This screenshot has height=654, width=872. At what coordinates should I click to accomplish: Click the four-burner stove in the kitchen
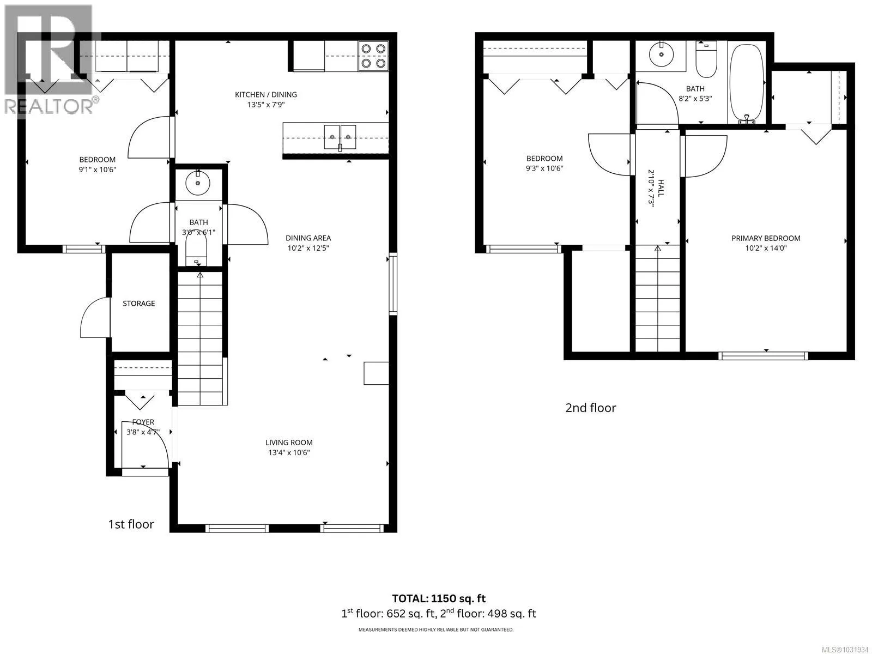tap(373, 56)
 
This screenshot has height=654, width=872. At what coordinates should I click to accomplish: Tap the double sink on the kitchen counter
tap(340, 137)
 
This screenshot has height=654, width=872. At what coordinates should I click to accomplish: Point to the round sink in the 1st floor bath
tap(197, 183)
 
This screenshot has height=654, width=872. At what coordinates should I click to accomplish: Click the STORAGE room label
tap(138, 304)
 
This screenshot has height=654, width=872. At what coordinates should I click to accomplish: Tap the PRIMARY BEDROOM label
tap(766, 238)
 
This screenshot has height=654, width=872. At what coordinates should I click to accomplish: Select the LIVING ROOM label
tap(289, 443)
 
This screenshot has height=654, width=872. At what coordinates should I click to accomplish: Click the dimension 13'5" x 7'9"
tap(266, 105)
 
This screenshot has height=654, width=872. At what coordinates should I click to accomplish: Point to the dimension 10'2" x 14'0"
tap(766, 249)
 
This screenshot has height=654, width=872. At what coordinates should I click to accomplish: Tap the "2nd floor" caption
tap(590, 408)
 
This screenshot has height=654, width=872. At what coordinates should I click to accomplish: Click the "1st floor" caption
tap(131, 524)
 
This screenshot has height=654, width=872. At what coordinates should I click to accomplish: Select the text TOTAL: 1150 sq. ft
tap(439, 598)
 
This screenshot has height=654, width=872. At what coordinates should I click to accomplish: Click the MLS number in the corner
tap(845, 650)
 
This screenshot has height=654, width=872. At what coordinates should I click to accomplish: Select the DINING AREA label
tap(308, 238)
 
